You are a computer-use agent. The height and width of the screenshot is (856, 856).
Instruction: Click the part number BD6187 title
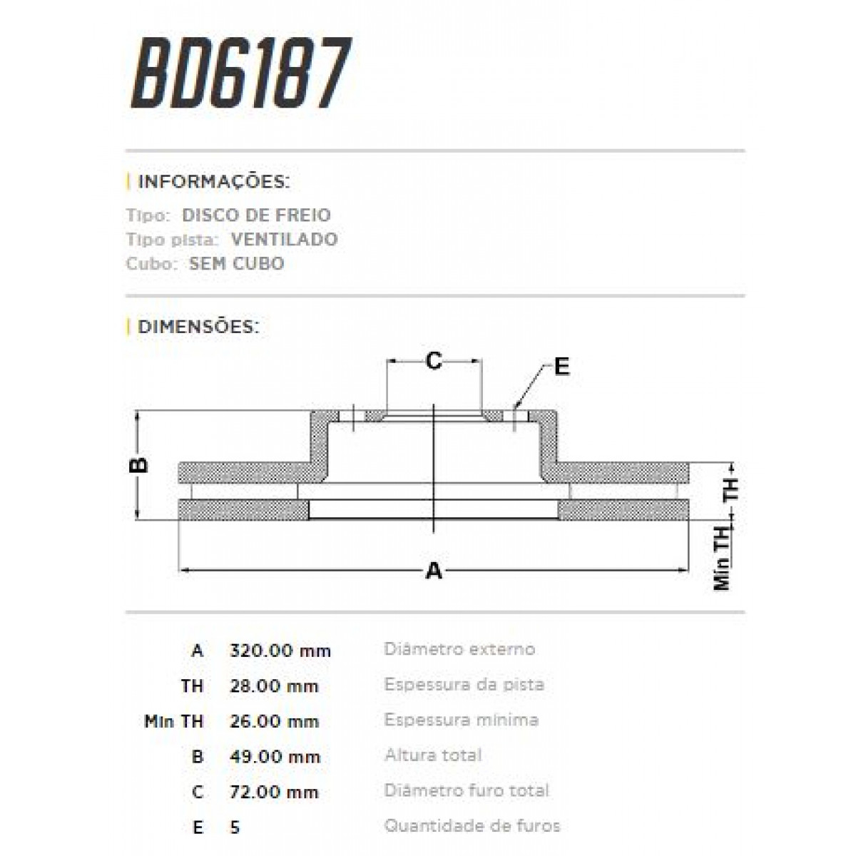tap(241, 73)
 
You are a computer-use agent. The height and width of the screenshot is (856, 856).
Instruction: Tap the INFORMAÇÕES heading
tap(213, 181)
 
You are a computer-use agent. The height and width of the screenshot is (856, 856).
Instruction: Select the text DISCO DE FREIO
tap(256, 215)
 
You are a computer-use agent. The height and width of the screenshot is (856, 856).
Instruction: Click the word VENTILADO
tap(284, 239)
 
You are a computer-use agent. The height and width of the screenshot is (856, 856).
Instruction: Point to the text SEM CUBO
tap(236, 263)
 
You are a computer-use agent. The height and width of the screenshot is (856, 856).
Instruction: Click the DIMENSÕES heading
tap(198, 327)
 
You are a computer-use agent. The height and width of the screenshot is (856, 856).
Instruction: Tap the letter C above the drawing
tap(434, 362)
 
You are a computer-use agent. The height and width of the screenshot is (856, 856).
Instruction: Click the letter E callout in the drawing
tap(562, 367)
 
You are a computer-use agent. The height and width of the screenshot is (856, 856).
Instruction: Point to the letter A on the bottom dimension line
tap(434, 571)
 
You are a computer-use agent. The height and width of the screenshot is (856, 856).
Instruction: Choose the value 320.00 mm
tap(280, 651)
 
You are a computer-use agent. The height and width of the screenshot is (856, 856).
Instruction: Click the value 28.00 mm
tap(274, 686)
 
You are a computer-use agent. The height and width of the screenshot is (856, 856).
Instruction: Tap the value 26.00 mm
tap(274, 721)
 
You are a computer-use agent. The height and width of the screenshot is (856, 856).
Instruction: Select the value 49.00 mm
tap(274, 756)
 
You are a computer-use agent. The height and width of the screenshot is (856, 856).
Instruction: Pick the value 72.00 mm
tap(274, 792)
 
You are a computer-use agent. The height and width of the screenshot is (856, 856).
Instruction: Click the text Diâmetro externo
tap(459, 649)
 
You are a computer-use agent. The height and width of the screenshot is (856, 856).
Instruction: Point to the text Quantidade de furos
tap(472, 826)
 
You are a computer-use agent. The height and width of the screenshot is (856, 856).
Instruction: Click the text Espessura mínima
tap(461, 720)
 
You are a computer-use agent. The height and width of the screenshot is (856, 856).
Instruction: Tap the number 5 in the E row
tap(235, 827)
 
